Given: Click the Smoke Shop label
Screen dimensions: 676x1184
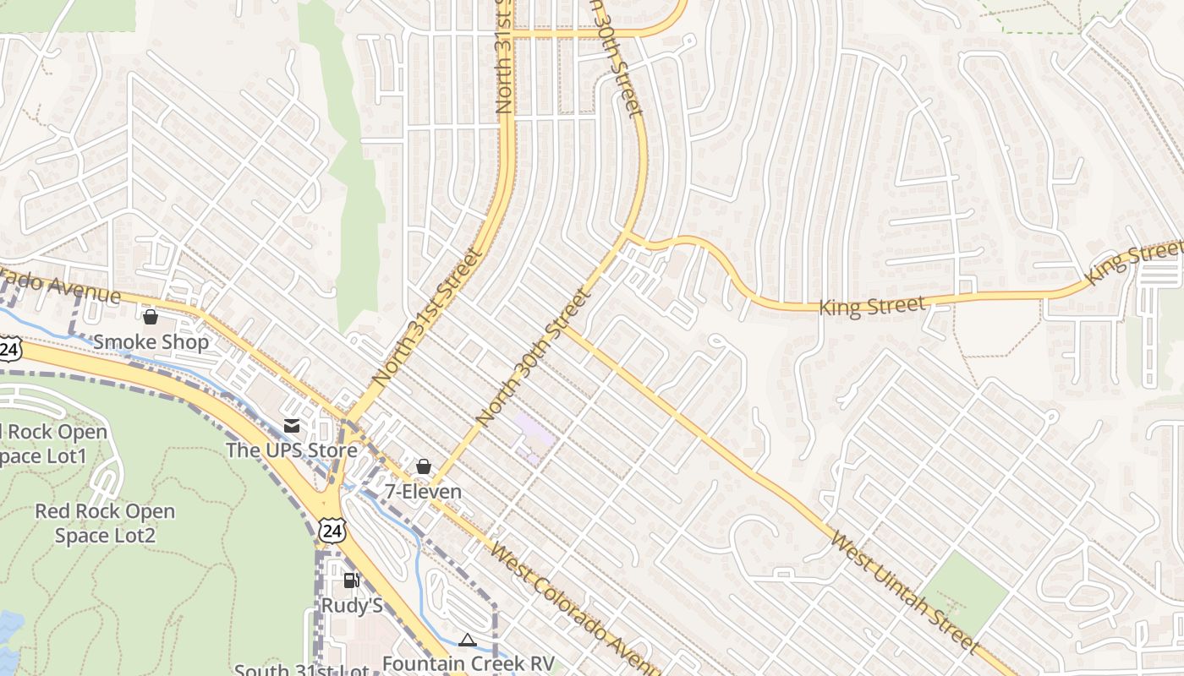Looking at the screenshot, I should (x=151, y=342).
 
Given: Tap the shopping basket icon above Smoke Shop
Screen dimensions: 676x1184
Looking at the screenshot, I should (x=151, y=318).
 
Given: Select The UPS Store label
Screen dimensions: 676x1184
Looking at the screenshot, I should (x=291, y=450).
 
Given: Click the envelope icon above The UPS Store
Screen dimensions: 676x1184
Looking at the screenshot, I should (x=292, y=425).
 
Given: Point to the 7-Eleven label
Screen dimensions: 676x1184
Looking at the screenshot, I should (x=423, y=492).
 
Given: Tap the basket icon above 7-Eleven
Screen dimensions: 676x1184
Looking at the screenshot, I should (x=424, y=466).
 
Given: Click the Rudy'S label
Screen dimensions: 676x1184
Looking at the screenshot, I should (x=352, y=606).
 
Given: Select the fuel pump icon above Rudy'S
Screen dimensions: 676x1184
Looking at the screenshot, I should (x=351, y=581).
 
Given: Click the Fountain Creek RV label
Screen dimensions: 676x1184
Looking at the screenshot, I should (x=468, y=663).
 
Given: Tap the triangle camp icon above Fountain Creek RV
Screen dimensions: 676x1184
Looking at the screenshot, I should (x=468, y=640).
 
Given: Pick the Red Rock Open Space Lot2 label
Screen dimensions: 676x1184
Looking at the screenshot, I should (x=105, y=524).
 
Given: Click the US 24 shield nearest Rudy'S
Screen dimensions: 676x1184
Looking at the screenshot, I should (x=332, y=530).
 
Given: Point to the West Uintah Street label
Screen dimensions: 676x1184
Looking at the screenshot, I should (x=903, y=589).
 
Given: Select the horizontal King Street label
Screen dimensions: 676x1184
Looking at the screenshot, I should (x=872, y=305).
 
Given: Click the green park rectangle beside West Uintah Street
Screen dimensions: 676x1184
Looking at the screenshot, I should (x=963, y=591).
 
